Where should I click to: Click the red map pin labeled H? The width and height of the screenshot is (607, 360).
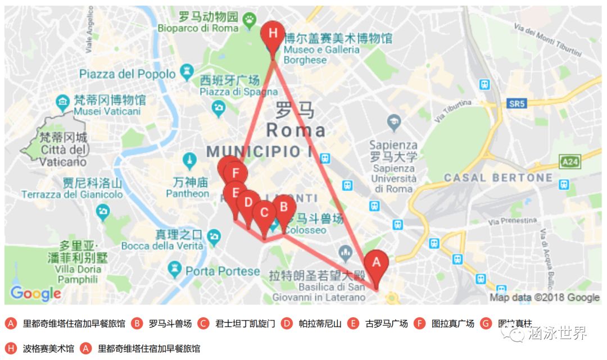point(273,34)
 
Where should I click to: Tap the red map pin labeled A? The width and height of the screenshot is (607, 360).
point(376,263)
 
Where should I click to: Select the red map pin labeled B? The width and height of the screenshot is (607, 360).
point(284,207)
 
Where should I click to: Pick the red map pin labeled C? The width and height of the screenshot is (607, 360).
point(264,213)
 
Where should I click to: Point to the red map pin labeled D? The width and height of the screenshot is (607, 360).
point(248,202)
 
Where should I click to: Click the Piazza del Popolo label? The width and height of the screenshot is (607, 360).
point(128,74)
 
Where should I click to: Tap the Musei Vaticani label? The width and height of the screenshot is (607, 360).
point(106,111)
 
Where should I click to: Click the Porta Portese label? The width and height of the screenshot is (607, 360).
point(223,272)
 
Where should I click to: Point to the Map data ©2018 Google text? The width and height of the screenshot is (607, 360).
point(544,298)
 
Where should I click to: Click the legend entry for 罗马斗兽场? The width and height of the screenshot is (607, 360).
point(170,323)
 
